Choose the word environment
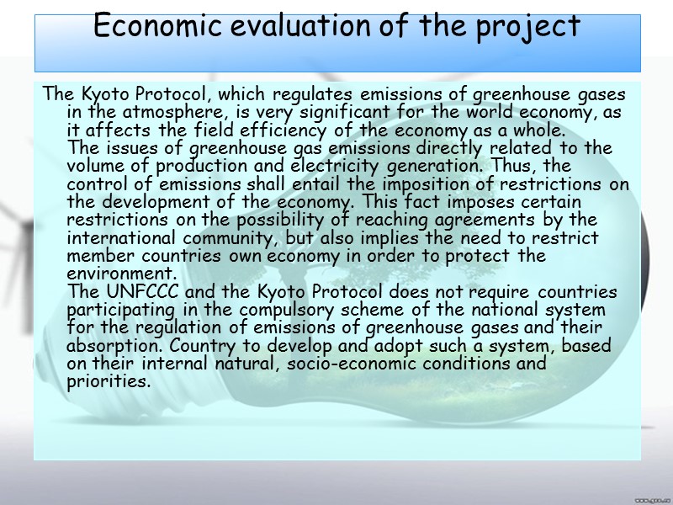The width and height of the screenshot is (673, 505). tap(120, 274)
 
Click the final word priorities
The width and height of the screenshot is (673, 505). tap(107, 382)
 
